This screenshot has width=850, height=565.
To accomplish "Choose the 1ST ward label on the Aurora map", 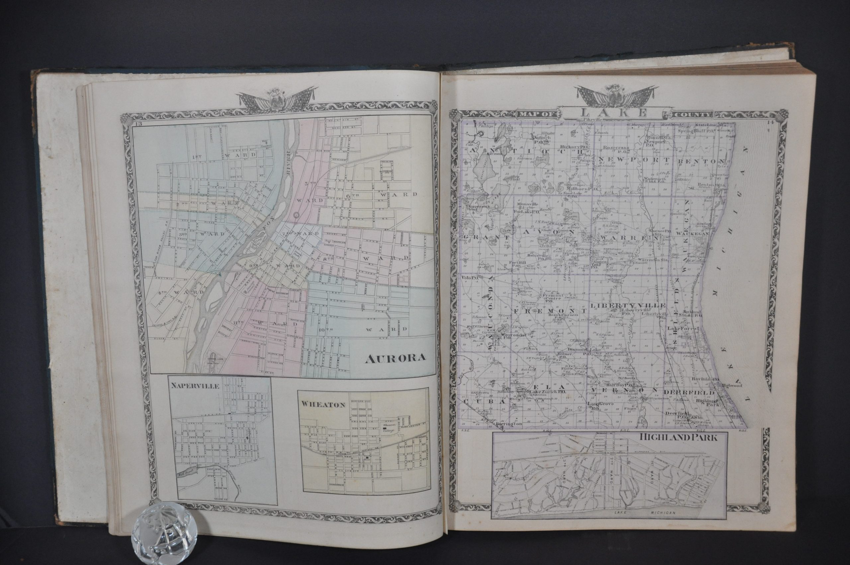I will pos(197,147).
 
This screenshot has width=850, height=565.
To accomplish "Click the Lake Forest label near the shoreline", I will pos(683,329).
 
